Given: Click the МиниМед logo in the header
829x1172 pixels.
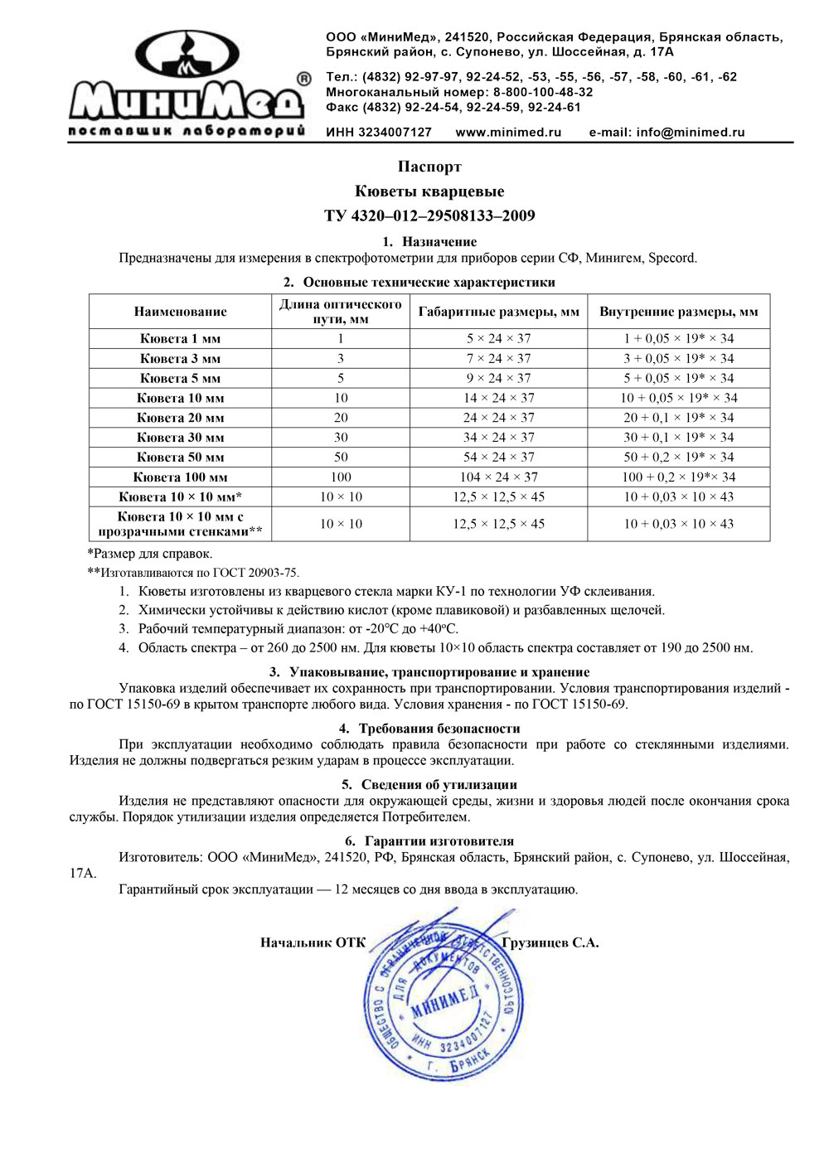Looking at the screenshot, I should [187, 83].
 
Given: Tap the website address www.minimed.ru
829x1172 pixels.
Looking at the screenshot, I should [508, 133].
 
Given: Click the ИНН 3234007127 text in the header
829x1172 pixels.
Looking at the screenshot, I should [379, 133].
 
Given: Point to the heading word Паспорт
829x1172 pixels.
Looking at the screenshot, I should [429, 167].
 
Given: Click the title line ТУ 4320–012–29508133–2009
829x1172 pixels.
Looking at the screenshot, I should [429, 216].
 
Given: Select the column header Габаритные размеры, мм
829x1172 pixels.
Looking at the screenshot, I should [498, 312].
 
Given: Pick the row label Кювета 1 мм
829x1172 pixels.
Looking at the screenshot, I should [180, 339].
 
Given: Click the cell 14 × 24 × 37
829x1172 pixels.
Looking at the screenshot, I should [498, 398].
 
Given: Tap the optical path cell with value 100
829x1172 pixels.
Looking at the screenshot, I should [341, 477].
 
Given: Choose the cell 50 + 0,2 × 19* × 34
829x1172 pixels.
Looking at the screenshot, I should [678, 458].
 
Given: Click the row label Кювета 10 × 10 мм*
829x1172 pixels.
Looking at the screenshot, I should [180, 497].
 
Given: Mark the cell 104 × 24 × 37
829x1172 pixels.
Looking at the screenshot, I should [498, 477].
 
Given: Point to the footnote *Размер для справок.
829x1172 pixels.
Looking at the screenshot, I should [150, 554].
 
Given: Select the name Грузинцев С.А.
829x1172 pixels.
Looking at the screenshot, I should [550, 943].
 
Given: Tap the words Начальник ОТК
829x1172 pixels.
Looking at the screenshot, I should [313, 943].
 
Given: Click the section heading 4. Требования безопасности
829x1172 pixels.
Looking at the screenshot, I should [429, 729].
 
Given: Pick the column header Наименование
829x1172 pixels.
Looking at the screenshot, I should [180, 312].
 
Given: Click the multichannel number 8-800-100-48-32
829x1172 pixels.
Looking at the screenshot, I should [543, 92].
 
